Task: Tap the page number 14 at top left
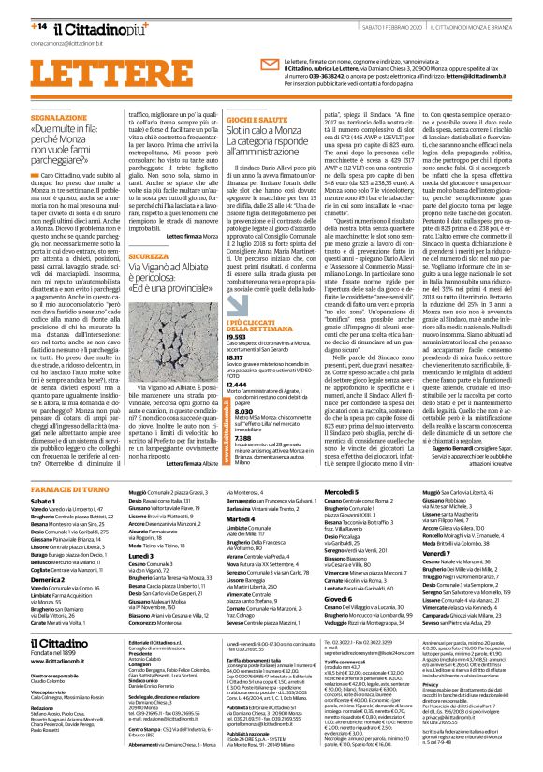pos(18,9)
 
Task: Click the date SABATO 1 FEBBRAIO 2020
pos(369,10)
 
